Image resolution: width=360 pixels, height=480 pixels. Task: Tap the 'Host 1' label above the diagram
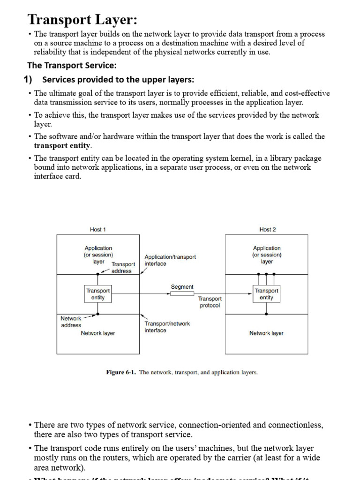pos(98,230)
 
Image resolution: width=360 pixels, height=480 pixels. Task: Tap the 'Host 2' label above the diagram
pos(268,230)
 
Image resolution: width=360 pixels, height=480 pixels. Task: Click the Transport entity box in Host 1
pos(98,294)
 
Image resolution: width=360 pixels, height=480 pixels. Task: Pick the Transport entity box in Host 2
pos(266,294)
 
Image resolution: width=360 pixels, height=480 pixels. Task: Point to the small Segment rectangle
pos(182,294)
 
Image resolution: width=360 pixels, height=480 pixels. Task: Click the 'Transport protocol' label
pos(210,302)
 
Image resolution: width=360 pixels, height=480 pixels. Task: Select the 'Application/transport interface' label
pos(170,261)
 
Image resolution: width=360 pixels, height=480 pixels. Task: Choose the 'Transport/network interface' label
pos(167,327)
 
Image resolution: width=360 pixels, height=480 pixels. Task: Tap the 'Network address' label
pos(71,322)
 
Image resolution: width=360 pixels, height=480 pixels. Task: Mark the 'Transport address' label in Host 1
pos(123,268)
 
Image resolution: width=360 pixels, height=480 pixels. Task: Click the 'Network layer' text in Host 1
pos(98,333)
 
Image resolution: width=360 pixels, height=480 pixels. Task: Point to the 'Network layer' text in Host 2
pos(266,333)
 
